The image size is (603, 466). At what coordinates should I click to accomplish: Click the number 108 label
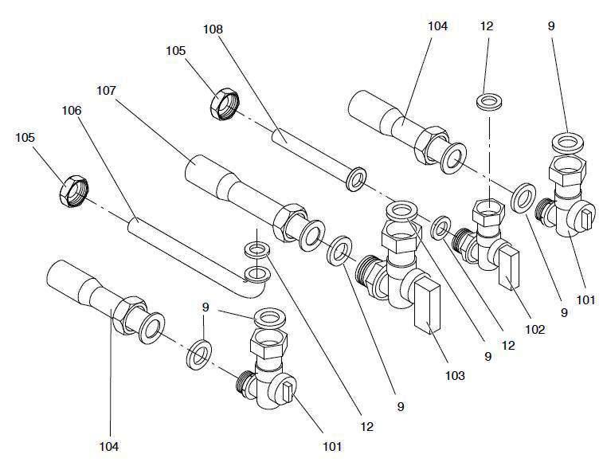pyautogui.click(x=213, y=29)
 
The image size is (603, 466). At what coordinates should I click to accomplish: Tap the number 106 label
pyautogui.click(x=72, y=112)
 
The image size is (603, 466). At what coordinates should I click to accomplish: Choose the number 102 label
pyautogui.click(x=534, y=329)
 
